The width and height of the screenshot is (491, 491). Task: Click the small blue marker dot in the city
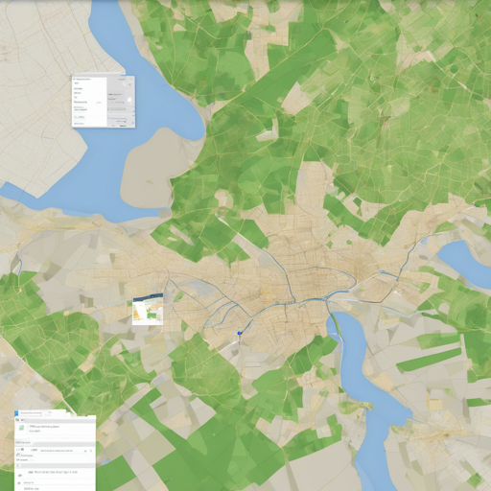[239, 333]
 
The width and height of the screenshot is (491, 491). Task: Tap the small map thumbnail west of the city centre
[148, 311]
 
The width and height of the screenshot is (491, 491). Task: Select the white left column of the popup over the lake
[89, 101]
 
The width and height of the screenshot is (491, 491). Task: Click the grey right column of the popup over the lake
[120, 101]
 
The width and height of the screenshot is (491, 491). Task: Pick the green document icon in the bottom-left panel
[22, 428]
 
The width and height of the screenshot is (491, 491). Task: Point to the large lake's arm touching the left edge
[19, 197]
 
